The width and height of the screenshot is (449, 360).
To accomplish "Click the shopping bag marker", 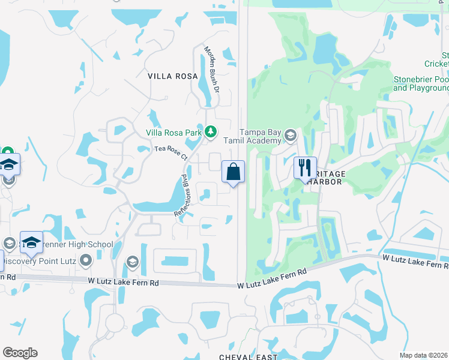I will tap(234, 172).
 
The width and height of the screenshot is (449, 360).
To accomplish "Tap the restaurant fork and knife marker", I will tap(305, 167).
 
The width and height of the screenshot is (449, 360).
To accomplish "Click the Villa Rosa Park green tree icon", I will tap(210, 131).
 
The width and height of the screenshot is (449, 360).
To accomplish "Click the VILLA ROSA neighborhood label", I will tap(173, 76).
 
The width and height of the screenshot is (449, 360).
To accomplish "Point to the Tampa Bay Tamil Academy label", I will tap(261, 136).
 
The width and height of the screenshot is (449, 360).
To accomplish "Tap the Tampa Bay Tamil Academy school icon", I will tap(291, 134).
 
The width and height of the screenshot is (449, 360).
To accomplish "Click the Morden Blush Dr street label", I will tap(212, 69).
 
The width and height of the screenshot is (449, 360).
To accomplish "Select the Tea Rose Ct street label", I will tap(172, 153).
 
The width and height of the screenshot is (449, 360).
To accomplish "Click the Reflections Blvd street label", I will tap(182, 196).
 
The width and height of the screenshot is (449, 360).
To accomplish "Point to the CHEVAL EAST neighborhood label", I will tap(247, 356).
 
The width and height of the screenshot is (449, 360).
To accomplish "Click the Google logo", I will tap(20, 353).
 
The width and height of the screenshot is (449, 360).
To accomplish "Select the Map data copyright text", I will tap(424, 355).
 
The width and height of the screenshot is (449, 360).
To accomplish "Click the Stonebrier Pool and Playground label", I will tap(421, 83).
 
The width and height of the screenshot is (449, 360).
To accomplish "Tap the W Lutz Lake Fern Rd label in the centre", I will tap(271, 280).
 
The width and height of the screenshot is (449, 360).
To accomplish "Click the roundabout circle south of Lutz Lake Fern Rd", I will tap(114, 323).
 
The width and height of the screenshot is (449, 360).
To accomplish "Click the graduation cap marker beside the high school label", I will tap(31, 242).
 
